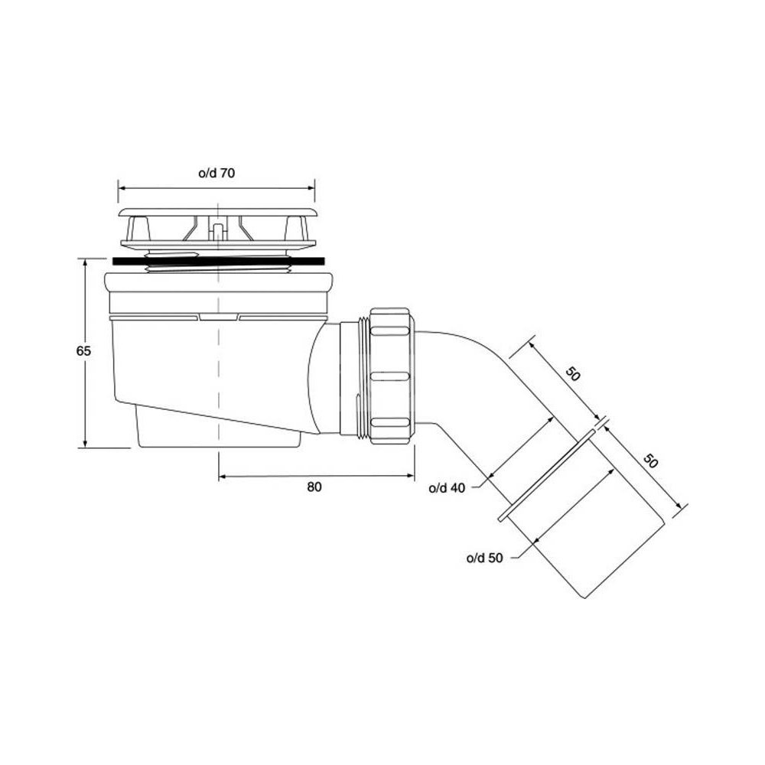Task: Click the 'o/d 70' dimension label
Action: (x=216, y=173)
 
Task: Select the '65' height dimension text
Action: (x=83, y=351)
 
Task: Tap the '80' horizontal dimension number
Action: (x=314, y=487)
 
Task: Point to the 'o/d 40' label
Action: (x=447, y=488)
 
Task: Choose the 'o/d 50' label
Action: (x=484, y=558)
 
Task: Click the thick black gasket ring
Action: (x=219, y=262)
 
